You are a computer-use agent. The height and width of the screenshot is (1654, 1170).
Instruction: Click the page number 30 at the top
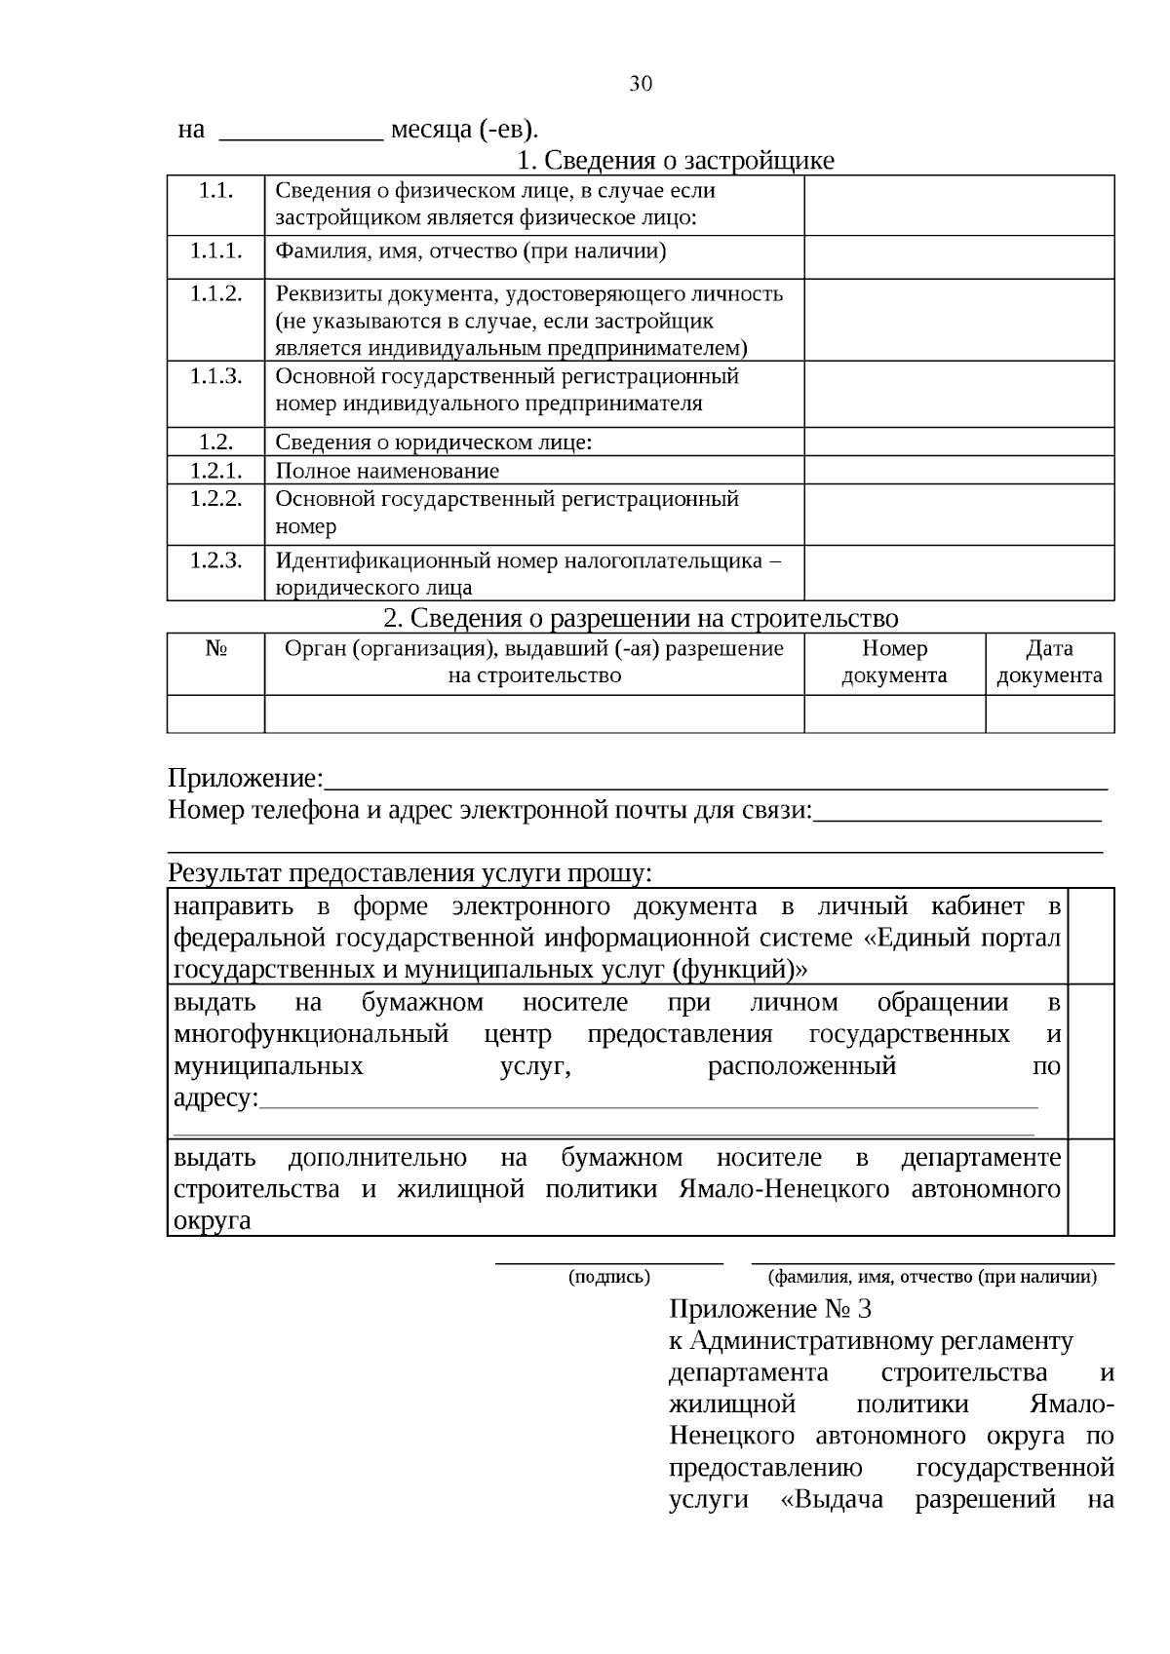point(641,84)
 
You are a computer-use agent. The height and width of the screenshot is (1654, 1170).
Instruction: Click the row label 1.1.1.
point(215,251)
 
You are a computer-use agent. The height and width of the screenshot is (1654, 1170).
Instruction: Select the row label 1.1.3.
point(215,376)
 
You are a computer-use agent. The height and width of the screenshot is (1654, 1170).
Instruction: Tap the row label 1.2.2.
point(215,499)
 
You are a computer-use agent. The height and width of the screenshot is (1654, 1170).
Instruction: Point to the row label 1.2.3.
point(215,560)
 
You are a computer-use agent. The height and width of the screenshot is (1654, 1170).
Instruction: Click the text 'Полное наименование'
point(387,471)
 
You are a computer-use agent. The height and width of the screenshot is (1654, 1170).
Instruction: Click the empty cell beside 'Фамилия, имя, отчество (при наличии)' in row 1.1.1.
point(958,256)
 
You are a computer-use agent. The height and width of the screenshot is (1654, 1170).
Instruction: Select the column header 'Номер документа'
point(894,662)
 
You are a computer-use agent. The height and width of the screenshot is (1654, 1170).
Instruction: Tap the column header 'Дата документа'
point(1049,662)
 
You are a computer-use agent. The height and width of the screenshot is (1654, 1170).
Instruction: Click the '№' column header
point(215,649)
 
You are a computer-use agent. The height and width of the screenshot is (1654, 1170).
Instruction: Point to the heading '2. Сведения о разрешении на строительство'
point(641,618)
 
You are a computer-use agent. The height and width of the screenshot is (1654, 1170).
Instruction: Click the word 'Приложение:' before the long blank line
point(245,779)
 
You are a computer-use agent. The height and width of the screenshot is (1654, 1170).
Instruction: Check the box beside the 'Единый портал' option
point(1091,936)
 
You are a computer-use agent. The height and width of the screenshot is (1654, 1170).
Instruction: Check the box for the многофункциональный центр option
point(1091,1060)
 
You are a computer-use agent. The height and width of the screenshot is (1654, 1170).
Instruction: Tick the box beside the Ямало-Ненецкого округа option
point(1091,1187)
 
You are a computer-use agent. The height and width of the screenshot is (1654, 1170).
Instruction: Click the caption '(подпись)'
point(609,1277)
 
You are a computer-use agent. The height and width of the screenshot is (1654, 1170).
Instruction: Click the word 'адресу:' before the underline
point(215,1098)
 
